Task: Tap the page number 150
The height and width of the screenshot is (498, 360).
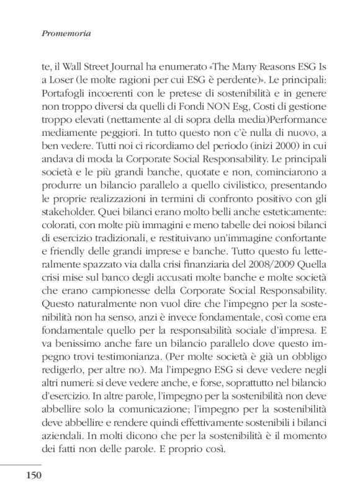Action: (x=34, y=475)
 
